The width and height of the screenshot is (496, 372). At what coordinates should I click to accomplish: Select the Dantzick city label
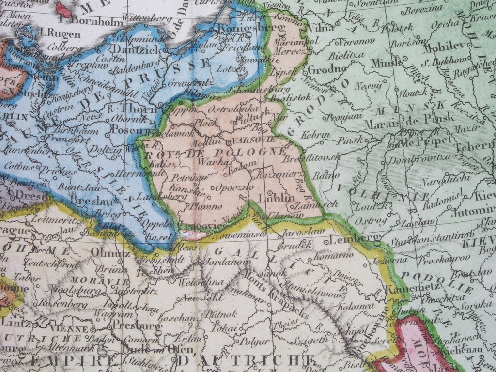(x=132, y=49)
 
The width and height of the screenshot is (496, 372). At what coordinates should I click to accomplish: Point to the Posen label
(x=127, y=129)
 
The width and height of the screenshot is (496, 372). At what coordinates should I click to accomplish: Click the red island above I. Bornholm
(x=63, y=9)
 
